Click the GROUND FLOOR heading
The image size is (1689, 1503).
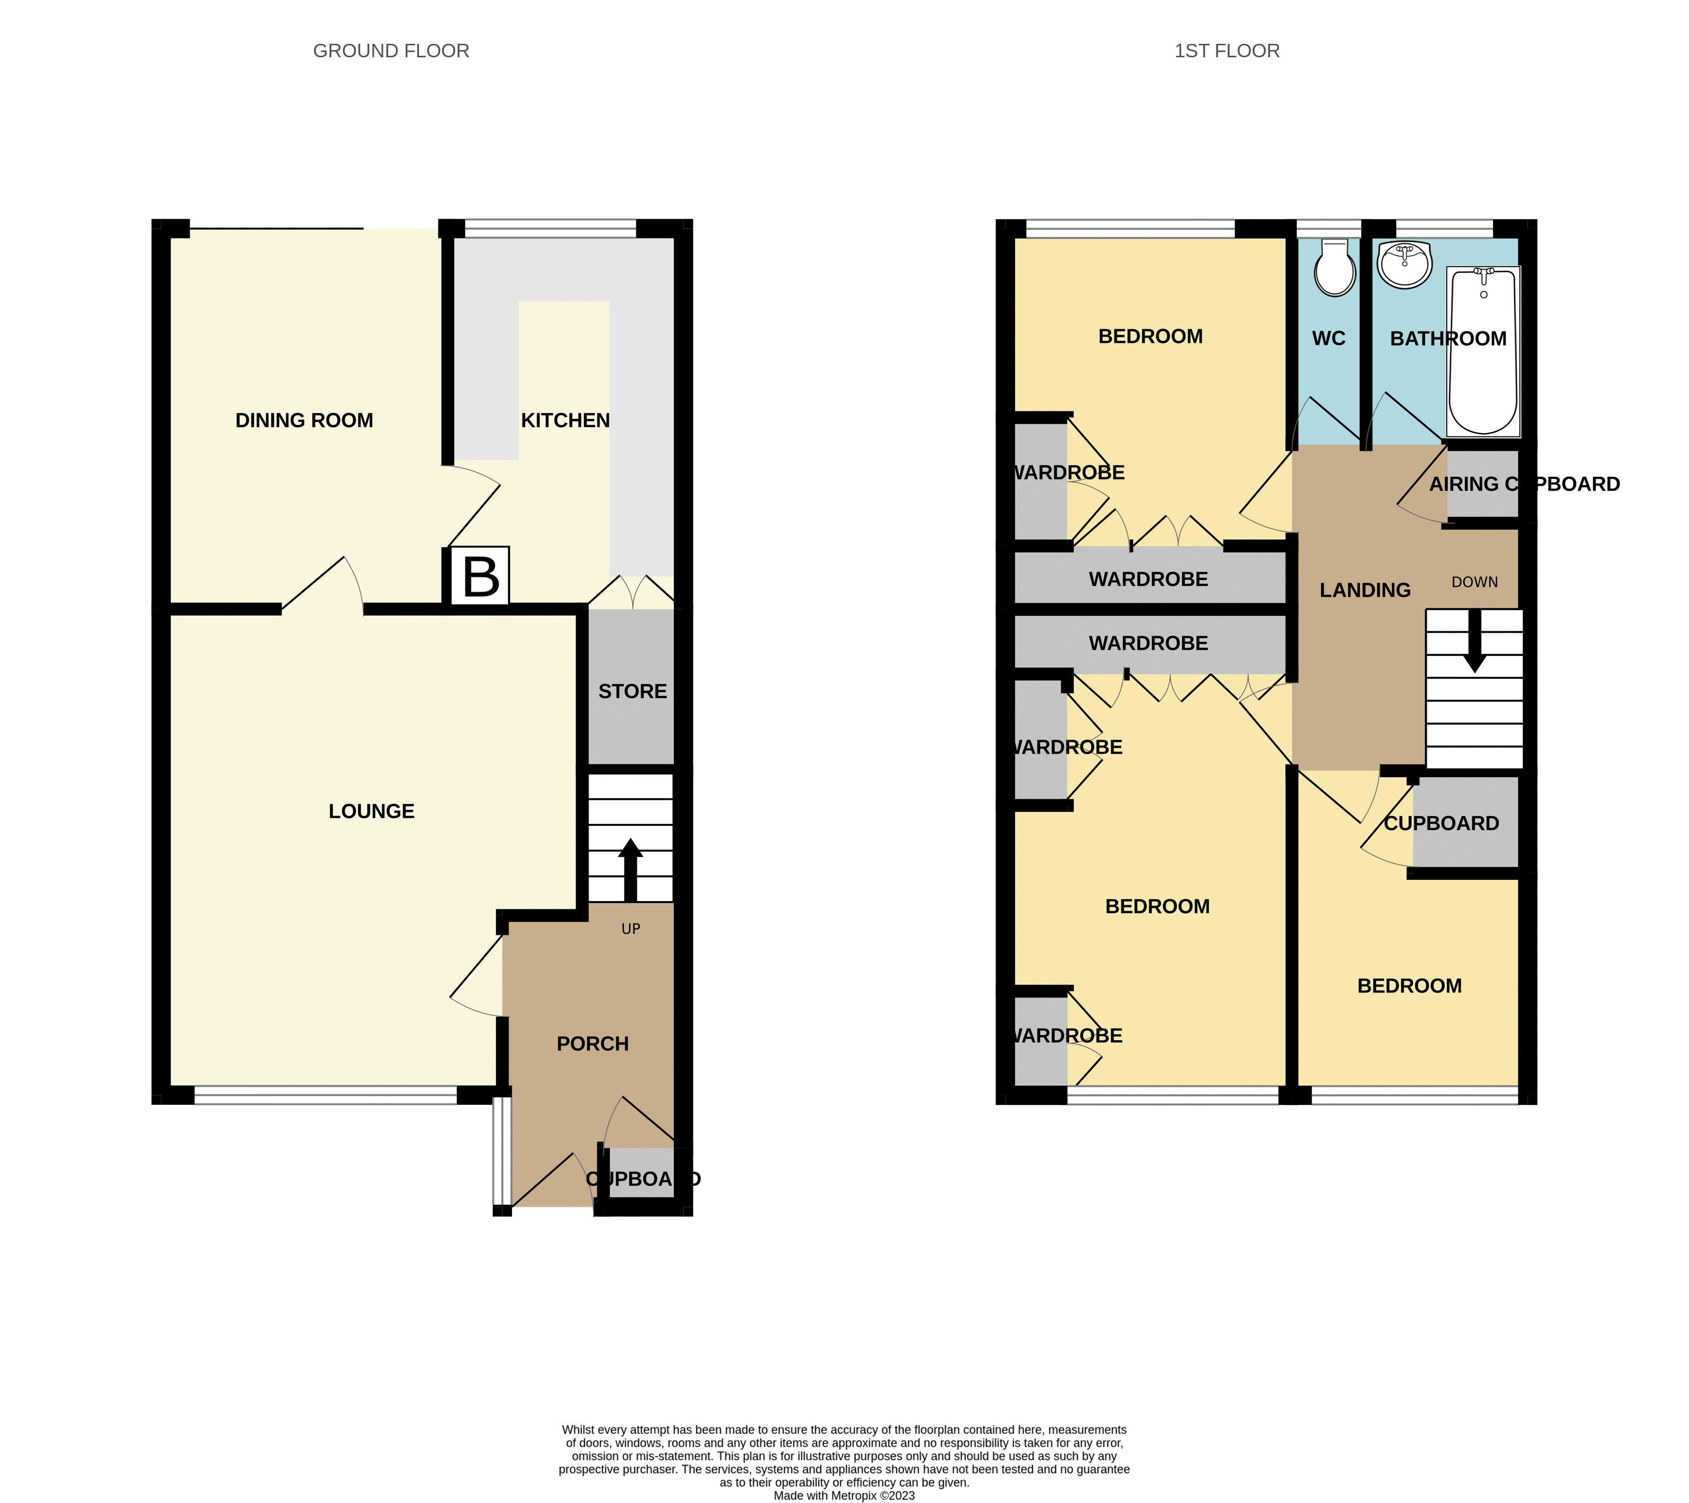pyautogui.click(x=391, y=51)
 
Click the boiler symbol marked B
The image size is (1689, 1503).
pyautogui.click(x=480, y=577)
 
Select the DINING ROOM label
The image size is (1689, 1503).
pyautogui.click(x=304, y=420)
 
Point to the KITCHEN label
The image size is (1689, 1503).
pyautogui.click(x=565, y=420)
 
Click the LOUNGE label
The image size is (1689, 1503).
pyautogui.click(x=371, y=811)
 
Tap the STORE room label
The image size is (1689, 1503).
pyautogui.click(x=632, y=692)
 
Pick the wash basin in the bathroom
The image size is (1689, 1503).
pyautogui.click(x=1405, y=264)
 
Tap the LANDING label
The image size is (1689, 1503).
pyautogui.click(x=1364, y=590)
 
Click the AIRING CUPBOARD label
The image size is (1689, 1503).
pyautogui.click(x=1524, y=484)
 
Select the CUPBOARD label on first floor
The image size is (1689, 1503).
pyautogui.click(x=1441, y=824)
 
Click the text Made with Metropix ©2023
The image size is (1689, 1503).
pyautogui.click(x=844, y=1495)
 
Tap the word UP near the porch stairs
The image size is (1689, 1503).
pyautogui.click(x=630, y=929)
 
